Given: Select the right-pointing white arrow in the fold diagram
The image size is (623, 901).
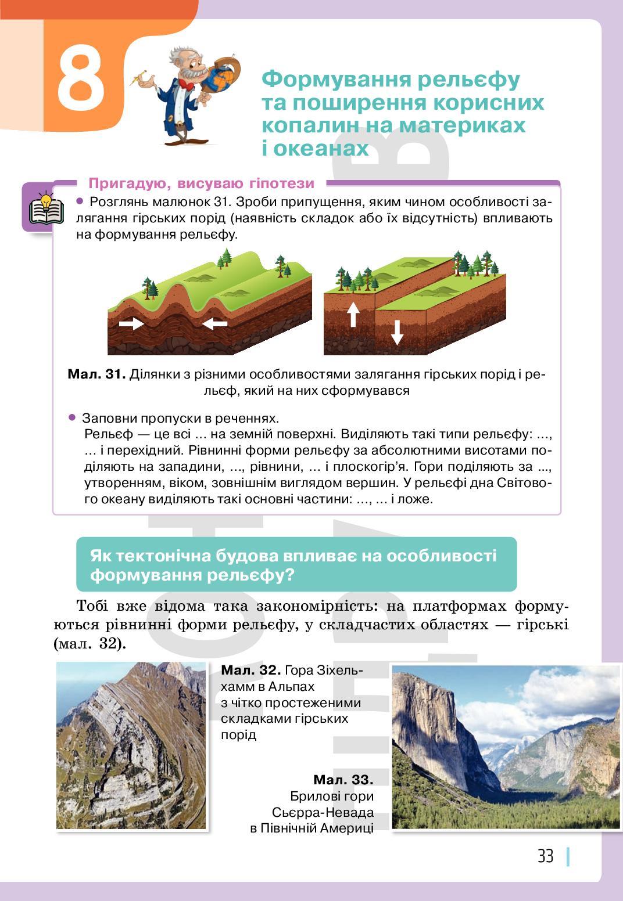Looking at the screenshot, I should click(131, 323).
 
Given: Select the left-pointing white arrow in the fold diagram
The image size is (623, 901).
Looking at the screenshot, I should click(215, 323).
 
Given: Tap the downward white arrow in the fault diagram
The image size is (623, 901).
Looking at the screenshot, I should click(397, 332).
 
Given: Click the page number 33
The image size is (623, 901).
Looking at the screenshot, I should click(545, 856).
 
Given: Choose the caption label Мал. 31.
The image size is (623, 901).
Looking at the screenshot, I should click(96, 374).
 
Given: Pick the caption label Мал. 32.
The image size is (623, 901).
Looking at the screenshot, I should click(250, 671).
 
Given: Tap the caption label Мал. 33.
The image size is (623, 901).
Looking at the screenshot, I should click(343, 780).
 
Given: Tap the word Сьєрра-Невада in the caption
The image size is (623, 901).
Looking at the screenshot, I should click(323, 812).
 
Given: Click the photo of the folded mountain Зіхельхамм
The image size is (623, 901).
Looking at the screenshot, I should click(131, 745).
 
